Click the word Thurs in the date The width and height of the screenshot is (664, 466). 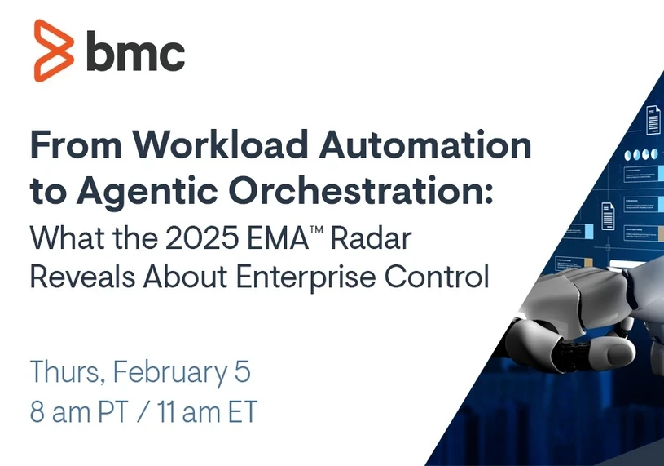(65, 372)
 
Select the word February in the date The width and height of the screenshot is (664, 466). (168, 373)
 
